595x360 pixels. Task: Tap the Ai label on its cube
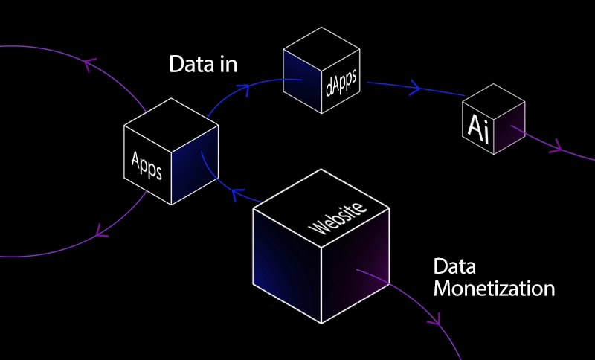[477, 126]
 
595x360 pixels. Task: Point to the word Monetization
[494, 289]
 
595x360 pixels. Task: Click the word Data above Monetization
[454, 267]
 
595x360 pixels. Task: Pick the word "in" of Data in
[228, 64]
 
